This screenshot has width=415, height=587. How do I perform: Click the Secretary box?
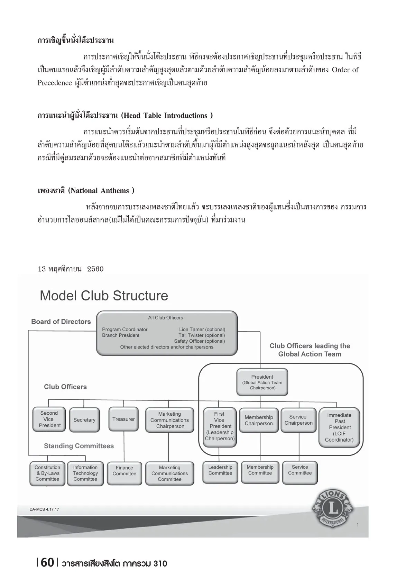coord(84,420)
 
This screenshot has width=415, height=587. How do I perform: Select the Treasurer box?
coord(123,419)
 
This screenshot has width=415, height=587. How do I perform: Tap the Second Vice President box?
coord(49,419)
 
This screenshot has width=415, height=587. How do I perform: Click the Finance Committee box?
coord(124,471)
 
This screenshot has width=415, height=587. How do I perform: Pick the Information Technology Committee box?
coord(85,473)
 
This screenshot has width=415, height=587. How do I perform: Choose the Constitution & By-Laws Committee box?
coord(47,473)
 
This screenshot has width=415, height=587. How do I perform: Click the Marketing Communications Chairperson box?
coord(169,420)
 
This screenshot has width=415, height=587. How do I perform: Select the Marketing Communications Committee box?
coord(169,473)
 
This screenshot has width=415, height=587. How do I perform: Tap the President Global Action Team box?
coord(262,382)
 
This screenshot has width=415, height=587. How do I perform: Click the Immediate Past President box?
coord(339,427)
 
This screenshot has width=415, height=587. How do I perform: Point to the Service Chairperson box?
coord(298,420)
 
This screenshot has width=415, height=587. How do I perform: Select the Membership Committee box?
coord(260,470)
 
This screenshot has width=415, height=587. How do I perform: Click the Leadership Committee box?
coord(220,470)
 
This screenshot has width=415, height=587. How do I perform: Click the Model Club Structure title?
coord(104,296)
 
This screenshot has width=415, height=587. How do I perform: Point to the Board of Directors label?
coord(61,322)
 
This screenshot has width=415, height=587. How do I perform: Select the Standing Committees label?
coord(79,446)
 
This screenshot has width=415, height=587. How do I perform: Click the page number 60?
coord(47,563)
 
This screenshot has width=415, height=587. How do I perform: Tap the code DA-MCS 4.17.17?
coord(44,509)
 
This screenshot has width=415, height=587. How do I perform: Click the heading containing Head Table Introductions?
coord(125,116)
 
